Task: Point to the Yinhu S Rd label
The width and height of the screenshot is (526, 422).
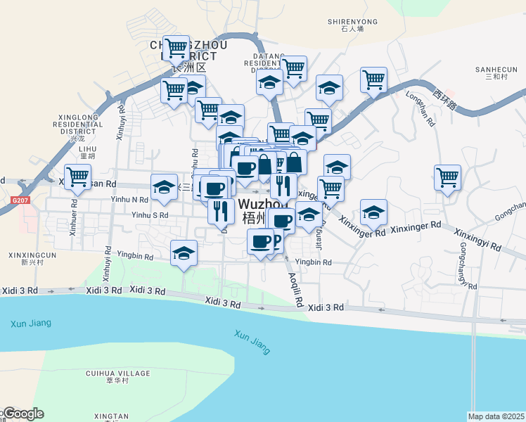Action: tap(150, 215)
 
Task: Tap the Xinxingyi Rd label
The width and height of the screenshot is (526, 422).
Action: tap(477, 240)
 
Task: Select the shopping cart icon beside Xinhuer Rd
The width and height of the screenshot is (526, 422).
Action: tap(77, 176)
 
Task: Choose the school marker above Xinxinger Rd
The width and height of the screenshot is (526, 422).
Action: tap(373, 211)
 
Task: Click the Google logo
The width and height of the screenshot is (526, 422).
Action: tap(22, 414)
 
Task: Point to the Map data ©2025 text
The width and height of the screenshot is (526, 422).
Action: tap(496, 416)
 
